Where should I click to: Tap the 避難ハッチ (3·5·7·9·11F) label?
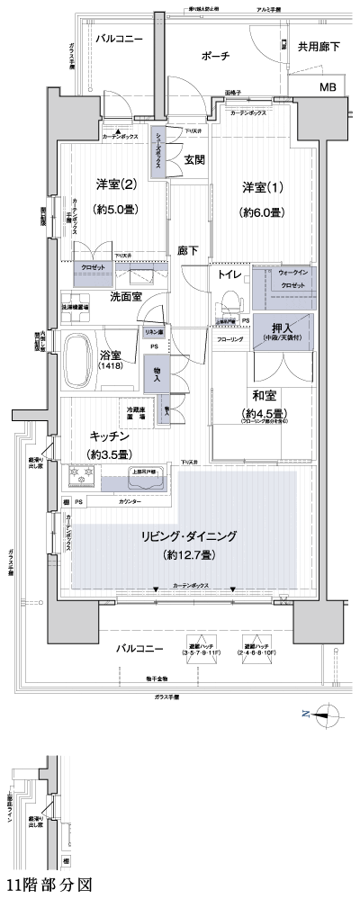(x=201, y=651)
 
